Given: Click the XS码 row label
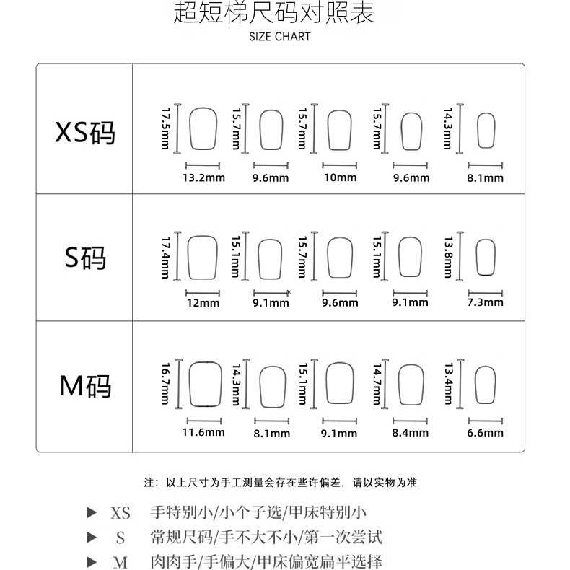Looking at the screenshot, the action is pos(85,131).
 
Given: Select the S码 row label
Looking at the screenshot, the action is pos(85,258).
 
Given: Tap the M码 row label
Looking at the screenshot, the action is pos(85,386).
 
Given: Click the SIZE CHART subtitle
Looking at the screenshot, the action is pos(280,37).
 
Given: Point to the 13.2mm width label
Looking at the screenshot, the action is pos(203,177).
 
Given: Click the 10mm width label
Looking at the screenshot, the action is pos(340,177).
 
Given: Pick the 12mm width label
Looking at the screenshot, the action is pos(203,303).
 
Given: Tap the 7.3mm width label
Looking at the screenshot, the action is pos(485,302).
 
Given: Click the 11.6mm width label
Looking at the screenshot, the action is pos(203,432).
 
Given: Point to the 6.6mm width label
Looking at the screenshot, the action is pos(485,433).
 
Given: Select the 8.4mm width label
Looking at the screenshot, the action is pos(411,433).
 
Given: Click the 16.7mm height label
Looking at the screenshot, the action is pos(165,383).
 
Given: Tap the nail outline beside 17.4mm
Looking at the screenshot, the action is pos(202,257).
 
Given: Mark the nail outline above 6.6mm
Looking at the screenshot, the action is pos(484,383).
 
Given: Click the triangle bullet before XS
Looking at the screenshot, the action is pos(92,513).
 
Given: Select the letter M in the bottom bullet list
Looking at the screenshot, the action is pos(120,562).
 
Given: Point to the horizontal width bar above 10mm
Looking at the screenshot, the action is pos(340,165).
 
